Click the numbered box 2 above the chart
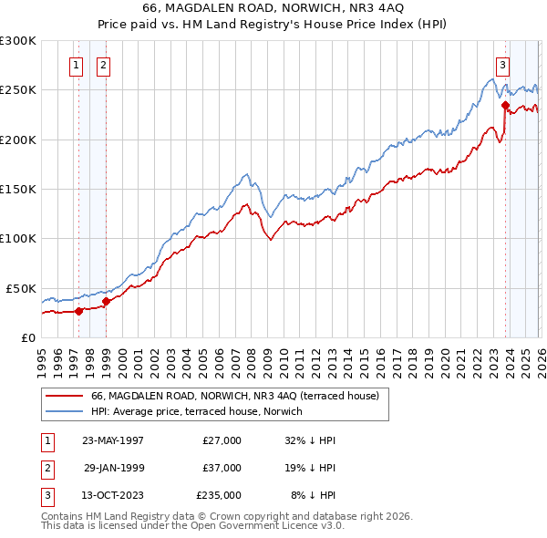pos(103,65)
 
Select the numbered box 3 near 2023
pos(502,65)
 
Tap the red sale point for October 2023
pos(505,105)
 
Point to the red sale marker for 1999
pos(106,301)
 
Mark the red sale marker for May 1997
pos(78,311)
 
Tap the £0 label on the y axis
pos(27,337)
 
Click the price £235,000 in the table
pos(219,495)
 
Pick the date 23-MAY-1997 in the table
pos(112,440)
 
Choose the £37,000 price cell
pos(222,468)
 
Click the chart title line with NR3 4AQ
pos(273,6)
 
